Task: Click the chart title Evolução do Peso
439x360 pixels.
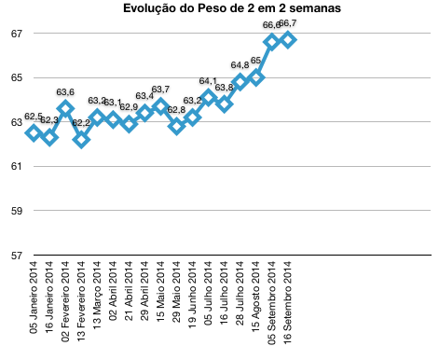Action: pyautogui.click(x=218, y=9)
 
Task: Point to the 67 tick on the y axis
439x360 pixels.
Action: pyautogui.click(x=15, y=34)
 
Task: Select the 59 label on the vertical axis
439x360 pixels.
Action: pyautogui.click(x=15, y=211)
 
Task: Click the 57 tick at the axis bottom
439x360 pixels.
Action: pyautogui.click(x=15, y=255)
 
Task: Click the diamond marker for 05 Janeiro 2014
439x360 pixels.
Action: pyautogui.click(x=34, y=133)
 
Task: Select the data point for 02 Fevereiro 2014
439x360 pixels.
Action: pyautogui.click(x=65, y=108)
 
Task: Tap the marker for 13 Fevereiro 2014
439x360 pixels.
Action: pyautogui.click(x=81, y=140)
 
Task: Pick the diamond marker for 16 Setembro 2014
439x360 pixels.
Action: pyautogui.click(x=288, y=39)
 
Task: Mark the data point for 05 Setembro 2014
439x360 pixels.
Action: pyautogui.click(x=272, y=41)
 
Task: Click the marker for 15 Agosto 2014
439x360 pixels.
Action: pyautogui.click(x=256, y=77)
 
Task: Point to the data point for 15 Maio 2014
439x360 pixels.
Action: pyautogui.click(x=160, y=106)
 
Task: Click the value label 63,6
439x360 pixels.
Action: pyautogui.click(x=65, y=92)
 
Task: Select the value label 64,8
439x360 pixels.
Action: pyautogui.click(x=240, y=65)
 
